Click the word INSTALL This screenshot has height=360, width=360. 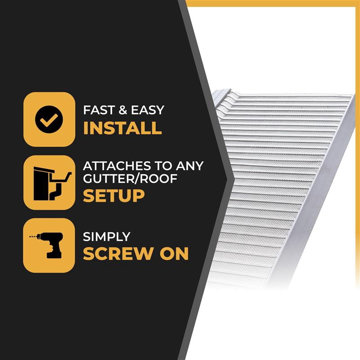[x=122, y=128]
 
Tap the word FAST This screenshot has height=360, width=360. [x=99, y=110]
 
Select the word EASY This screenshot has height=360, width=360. [x=148, y=110]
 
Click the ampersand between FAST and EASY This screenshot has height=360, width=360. [x=123, y=110]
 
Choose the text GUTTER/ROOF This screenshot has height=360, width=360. [x=130, y=178]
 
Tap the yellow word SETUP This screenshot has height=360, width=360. [x=114, y=196]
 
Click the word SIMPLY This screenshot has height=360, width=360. [x=107, y=237]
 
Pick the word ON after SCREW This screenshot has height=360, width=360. [x=174, y=253]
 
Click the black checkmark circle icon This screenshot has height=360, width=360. [x=49, y=119]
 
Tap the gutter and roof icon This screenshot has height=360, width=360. [x=52, y=184]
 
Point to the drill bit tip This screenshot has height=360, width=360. [x=30, y=237]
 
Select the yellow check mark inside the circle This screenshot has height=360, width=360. [x=49, y=120]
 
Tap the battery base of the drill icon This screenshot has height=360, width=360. [x=54, y=255]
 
